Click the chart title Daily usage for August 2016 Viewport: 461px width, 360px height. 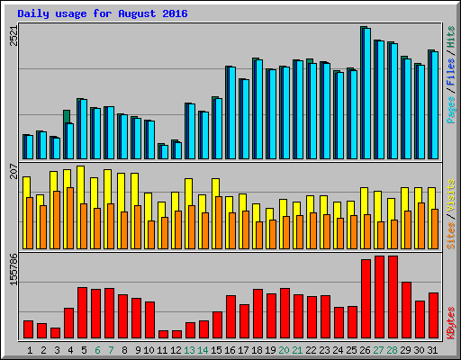(x=102, y=13)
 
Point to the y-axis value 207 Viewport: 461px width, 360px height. (x=13, y=170)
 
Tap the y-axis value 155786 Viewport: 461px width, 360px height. (x=13, y=268)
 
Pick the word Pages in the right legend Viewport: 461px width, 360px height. (x=450, y=108)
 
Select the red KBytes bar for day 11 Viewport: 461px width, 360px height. (x=164, y=334)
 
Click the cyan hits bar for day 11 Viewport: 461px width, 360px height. (x=164, y=151)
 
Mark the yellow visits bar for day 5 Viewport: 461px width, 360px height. (x=80, y=184)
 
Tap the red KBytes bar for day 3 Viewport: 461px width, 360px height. (x=56, y=333)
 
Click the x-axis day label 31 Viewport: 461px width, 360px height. (x=432, y=349)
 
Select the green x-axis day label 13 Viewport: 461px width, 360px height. (x=189, y=349)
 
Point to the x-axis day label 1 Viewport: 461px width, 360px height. (x=30, y=349)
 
